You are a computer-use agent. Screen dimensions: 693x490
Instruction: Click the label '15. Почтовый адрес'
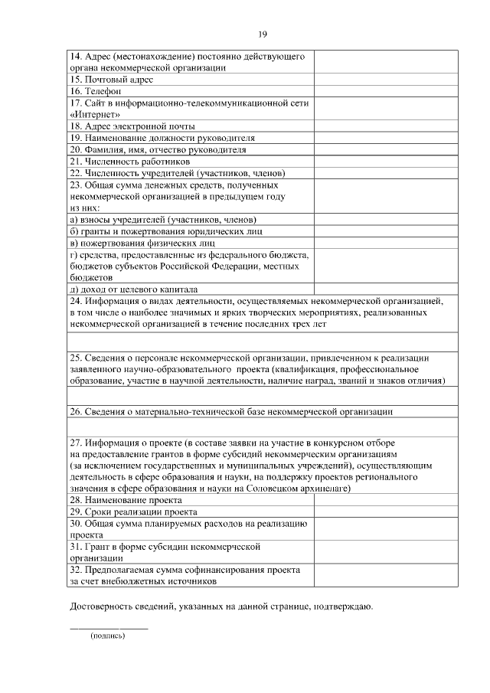[112, 79]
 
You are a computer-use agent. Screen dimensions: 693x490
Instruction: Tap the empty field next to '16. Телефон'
[386, 90]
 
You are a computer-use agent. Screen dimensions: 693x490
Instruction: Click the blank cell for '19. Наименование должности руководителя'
[386, 138]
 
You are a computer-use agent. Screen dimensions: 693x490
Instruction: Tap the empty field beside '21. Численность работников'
[386, 162]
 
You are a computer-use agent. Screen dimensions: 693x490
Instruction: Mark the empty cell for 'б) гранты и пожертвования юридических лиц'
[386, 231]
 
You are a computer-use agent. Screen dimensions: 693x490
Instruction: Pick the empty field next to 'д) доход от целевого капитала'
[386, 289]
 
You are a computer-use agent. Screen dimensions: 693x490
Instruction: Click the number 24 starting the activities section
[75, 301]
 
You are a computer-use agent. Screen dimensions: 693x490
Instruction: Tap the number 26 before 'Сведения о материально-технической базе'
[75, 411]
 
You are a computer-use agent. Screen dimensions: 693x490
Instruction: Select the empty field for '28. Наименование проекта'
[386, 501]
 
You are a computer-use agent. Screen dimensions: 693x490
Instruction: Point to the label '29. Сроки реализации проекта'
[133, 512]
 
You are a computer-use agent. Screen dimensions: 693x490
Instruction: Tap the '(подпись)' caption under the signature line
[107, 636]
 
